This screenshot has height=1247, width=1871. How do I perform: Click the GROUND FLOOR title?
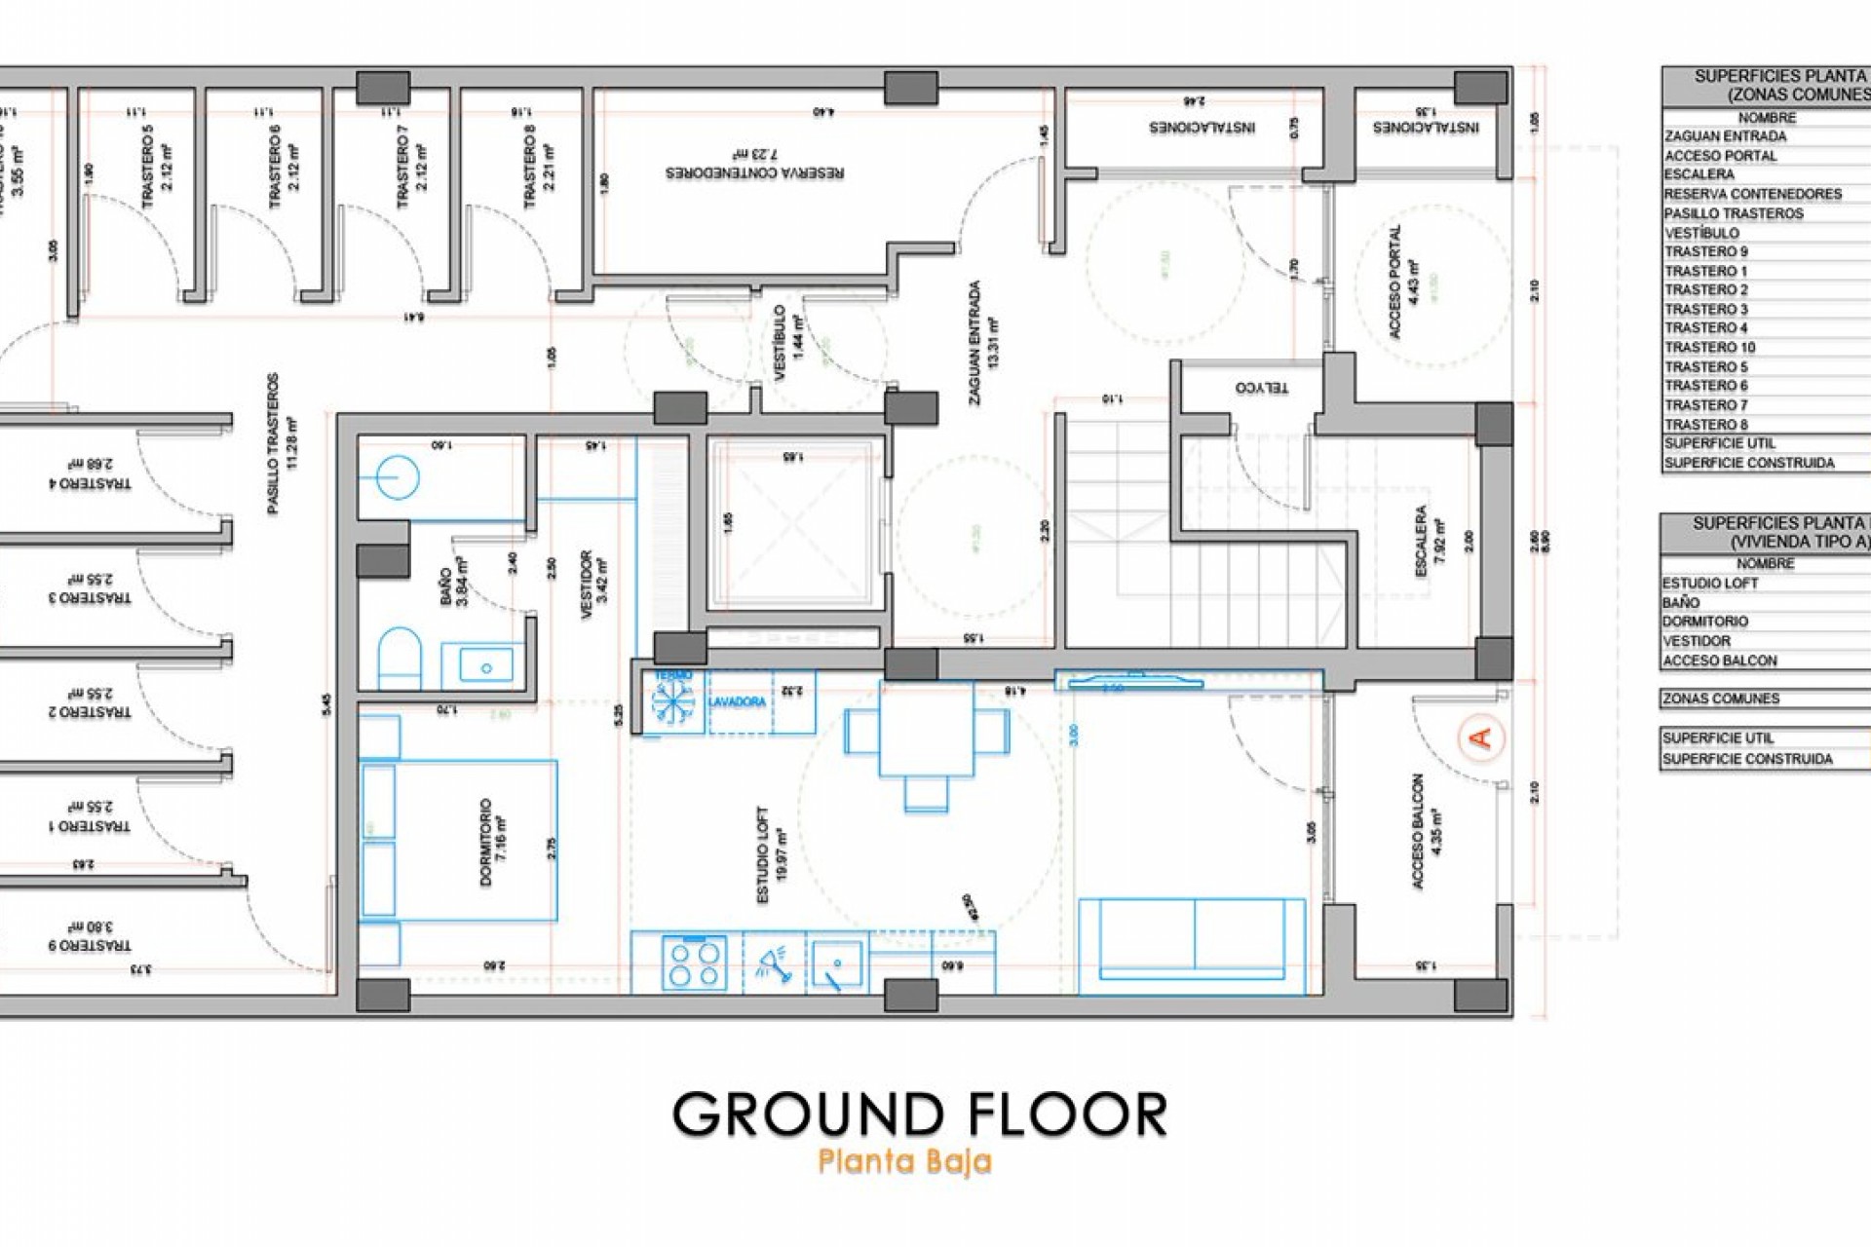click(919, 1115)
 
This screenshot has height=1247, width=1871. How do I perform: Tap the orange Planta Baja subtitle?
click(905, 1161)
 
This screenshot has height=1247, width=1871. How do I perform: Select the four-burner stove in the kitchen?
click(695, 963)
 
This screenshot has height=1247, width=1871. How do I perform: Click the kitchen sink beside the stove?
click(837, 963)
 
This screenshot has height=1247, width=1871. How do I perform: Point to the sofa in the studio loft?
click(1192, 939)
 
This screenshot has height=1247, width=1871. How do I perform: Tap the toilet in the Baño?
click(399, 657)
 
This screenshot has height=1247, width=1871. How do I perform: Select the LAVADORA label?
click(737, 701)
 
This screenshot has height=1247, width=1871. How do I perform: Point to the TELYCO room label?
click(1262, 388)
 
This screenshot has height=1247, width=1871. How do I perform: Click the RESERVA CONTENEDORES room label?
click(755, 172)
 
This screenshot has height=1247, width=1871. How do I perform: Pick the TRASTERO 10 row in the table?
click(1710, 348)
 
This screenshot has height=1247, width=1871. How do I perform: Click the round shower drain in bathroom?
click(398, 477)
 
